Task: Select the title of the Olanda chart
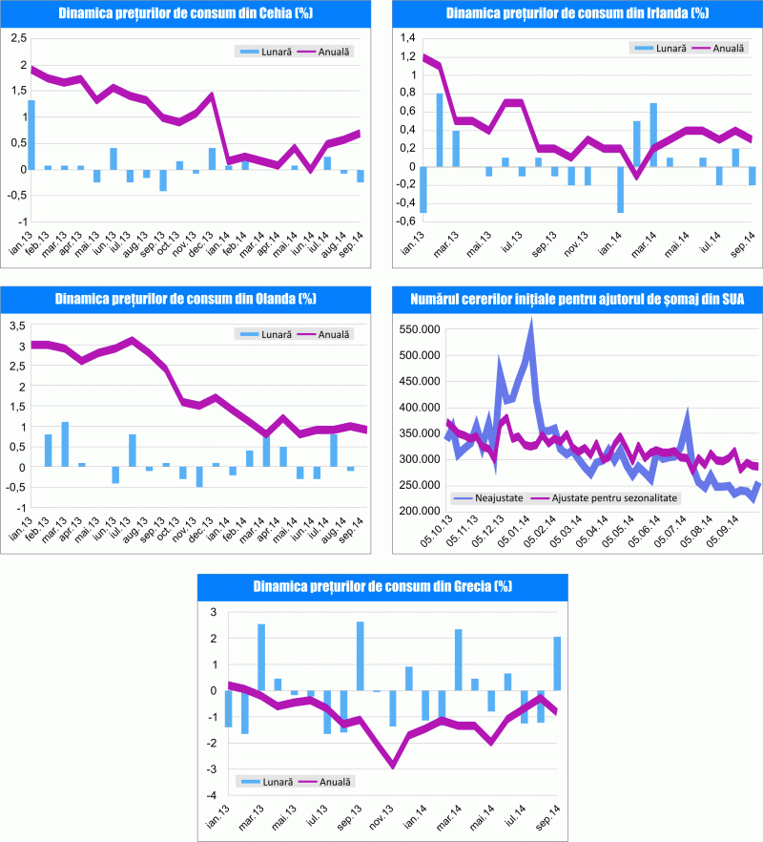tap(187, 299)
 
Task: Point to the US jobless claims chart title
tap(575, 299)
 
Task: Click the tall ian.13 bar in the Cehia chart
tap(31, 134)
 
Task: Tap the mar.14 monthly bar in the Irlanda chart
tap(653, 135)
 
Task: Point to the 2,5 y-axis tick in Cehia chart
tap(16, 39)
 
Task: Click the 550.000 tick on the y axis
tap(419, 328)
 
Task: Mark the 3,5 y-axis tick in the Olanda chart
tap(17, 326)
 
